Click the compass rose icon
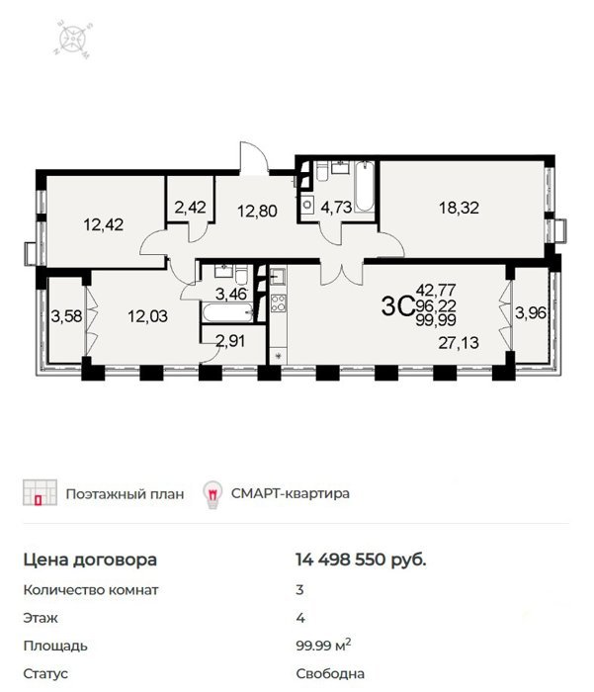coord(74,40)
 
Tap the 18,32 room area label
coord(459,208)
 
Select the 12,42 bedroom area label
coord(104,224)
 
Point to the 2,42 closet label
coord(190,207)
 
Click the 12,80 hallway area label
coord(257,211)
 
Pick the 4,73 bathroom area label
coord(336,207)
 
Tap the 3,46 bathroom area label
coord(231,294)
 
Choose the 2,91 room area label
coord(230,341)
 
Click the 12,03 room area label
coord(148,316)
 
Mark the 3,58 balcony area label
coord(66,316)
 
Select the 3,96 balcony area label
coord(531,313)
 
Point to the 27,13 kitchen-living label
coord(459,342)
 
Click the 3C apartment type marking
coord(397,305)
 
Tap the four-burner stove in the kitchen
coord(278,303)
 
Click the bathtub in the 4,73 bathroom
coord(365,187)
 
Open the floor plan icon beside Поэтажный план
coord(40,492)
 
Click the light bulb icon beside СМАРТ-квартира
coord(212,494)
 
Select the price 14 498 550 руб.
coord(361,560)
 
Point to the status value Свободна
coord(330,674)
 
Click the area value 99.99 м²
coord(323,646)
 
